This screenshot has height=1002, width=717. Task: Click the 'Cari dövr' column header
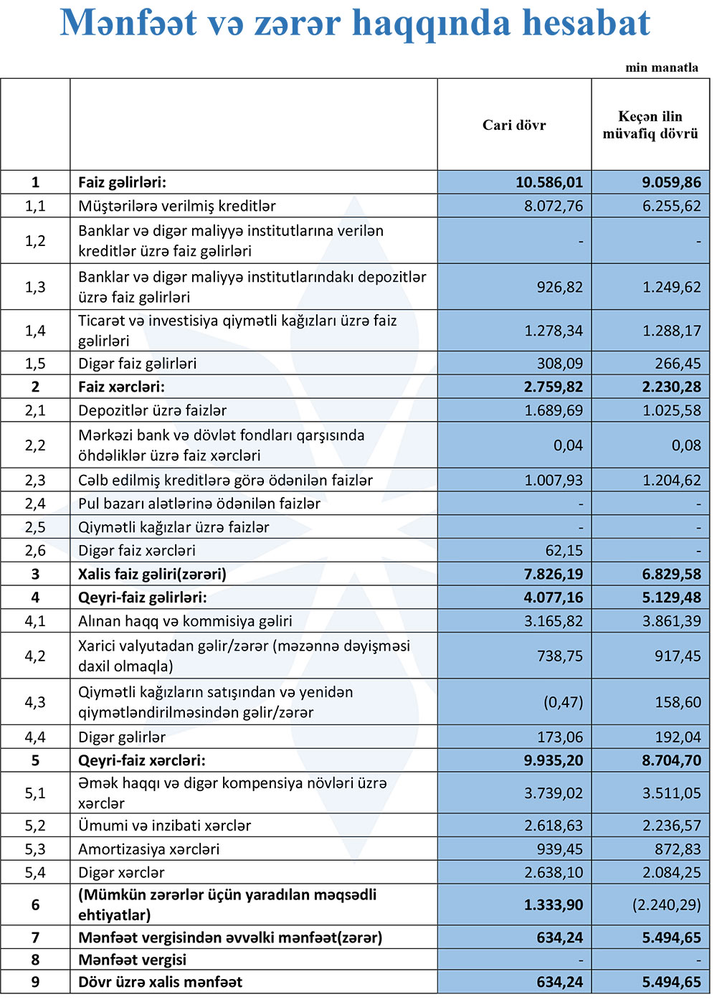tap(514, 126)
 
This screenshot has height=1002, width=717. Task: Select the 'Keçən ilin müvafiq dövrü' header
tap(650, 126)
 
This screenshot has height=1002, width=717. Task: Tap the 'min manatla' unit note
tap(662, 67)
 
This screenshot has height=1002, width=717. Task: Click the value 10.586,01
tap(549, 182)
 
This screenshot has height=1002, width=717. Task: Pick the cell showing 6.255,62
tap(672, 206)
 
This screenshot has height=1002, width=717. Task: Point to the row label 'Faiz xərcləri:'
tap(121, 387)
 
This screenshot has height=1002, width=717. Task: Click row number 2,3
tap(35, 481)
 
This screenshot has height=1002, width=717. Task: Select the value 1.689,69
tap(554, 411)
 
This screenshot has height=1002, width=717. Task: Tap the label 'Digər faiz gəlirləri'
tap(137, 364)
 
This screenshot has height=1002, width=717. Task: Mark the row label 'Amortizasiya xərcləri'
tap(148, 849)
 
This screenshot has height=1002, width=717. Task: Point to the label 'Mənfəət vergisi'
tap(132, 960)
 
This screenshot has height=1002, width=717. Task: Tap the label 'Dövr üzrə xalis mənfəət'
tap(160, 983)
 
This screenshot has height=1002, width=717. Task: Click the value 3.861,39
tap(672, 621)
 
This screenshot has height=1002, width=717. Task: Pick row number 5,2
tap(35, 826)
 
